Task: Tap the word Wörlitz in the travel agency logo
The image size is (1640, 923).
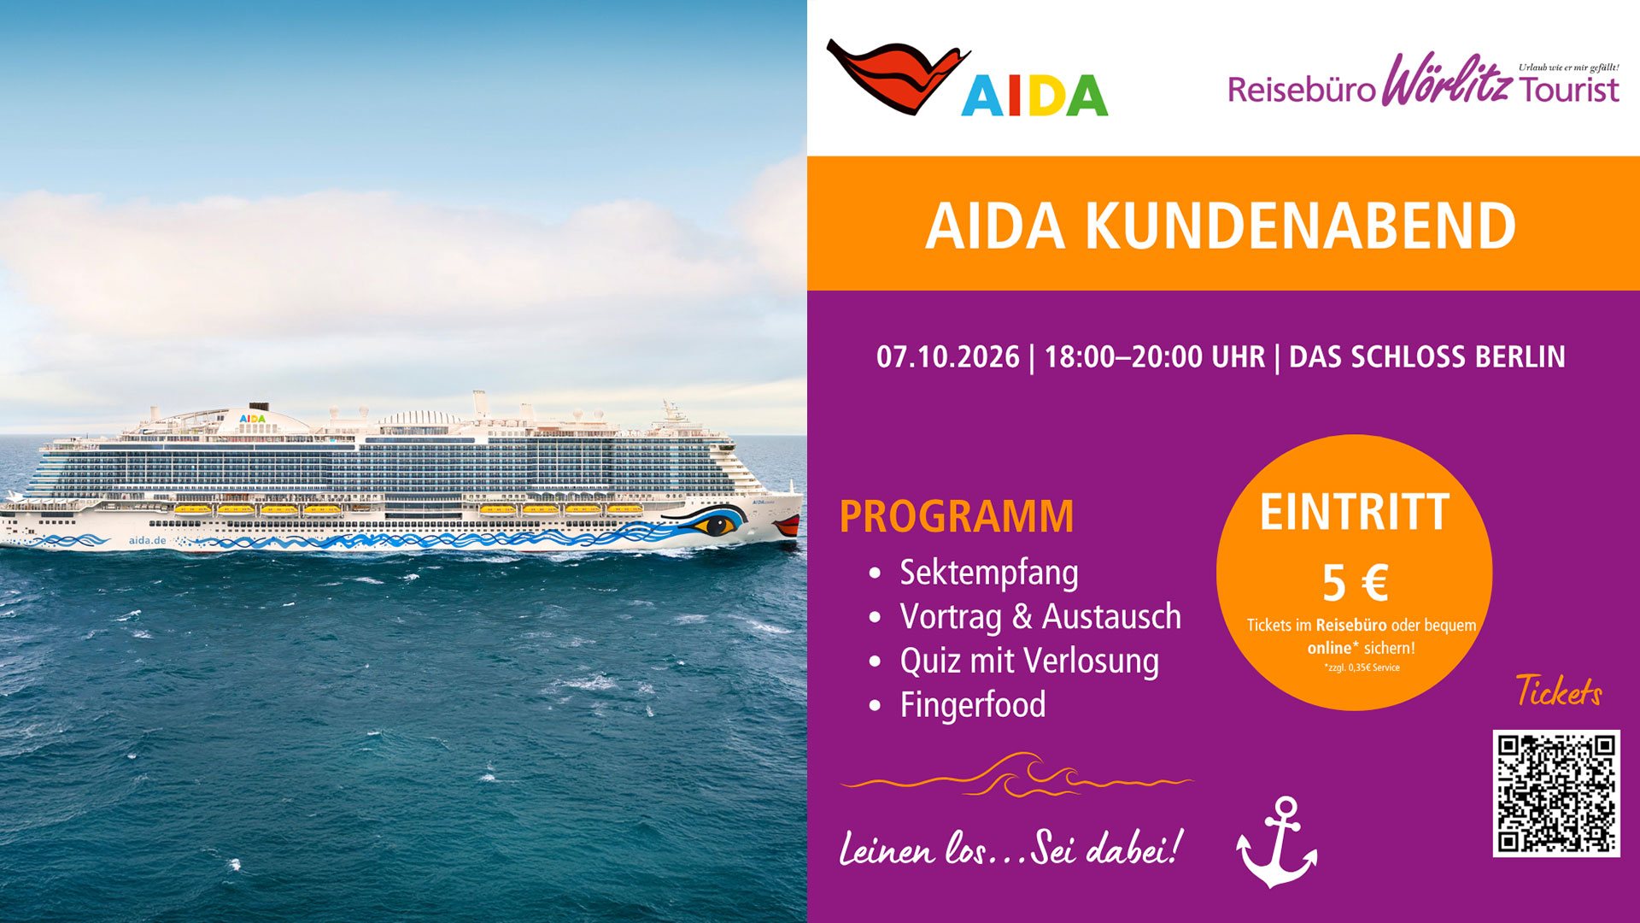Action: (x=1447, y=79)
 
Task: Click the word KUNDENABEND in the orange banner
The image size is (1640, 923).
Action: (x=1300, y=226)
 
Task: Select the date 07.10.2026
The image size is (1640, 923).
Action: (x=948, y=356)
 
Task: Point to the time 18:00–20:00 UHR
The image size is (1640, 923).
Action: (x=1155, y=356)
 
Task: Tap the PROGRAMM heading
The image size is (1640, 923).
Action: (x=957, y=516)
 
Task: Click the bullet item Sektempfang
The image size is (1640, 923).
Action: (x=988, y=573)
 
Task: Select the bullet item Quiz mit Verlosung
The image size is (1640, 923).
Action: (x=1029, y=661)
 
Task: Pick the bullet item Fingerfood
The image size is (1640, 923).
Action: (x=973, y=705)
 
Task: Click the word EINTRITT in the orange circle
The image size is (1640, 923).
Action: (x=1355, y=512)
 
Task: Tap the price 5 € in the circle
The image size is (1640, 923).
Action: (x=1355, y=583)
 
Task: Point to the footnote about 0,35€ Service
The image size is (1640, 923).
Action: (x=1362, y=667)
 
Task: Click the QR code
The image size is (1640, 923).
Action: (x=1556, y=793)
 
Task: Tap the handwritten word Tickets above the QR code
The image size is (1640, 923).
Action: (x=1559, y=691)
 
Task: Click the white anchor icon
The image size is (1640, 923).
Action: (x=1277, y=842)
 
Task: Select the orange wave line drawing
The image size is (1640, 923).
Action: (x=1016, y=775)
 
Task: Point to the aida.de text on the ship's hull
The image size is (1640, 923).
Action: (x=147, y=541)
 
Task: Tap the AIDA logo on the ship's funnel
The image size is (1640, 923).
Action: (x=253, y=419)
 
